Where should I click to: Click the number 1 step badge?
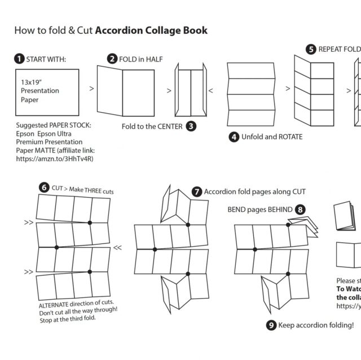20,59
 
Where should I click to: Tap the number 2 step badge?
112,59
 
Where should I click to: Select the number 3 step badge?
191,126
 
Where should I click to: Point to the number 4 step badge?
234,136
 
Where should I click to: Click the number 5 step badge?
311,49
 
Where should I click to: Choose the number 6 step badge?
43,188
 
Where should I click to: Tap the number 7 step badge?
196,192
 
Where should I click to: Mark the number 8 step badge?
301,210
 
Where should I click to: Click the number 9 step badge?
271,325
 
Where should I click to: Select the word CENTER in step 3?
168,127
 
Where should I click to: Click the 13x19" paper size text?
32,82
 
